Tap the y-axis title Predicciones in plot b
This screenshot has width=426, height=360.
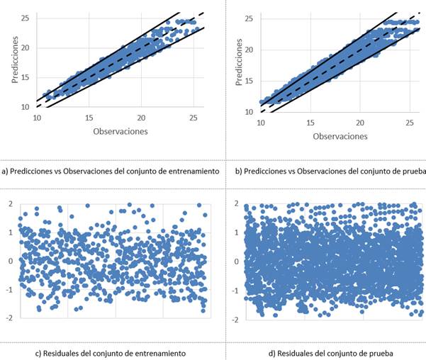239,62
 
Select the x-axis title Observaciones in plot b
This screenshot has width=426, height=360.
340,136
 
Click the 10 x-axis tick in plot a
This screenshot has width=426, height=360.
37,118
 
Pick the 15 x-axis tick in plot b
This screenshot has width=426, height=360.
310,123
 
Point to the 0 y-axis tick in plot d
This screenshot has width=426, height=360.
235,261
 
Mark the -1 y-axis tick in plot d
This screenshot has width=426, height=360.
234,291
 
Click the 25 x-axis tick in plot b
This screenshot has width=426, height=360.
410,123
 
